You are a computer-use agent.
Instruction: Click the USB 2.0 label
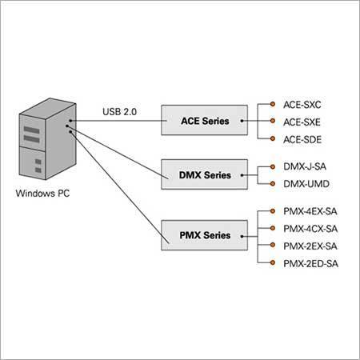(120, 113)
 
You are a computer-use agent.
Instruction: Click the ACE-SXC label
(302, 104)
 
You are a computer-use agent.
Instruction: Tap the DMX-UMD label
(306, 183)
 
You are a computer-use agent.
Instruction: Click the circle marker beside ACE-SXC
(274, 104)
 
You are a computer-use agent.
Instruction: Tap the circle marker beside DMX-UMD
(274, 183)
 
